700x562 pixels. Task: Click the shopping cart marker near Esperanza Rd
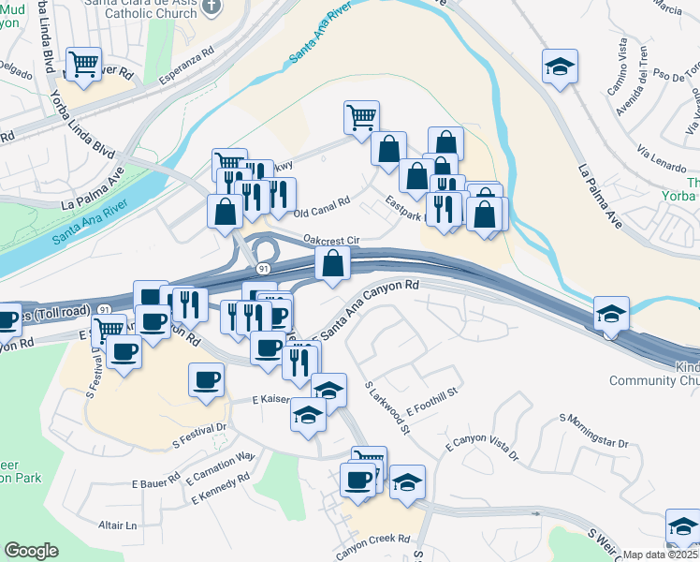click(85, 65)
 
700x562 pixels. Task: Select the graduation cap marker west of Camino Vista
click(560, 67)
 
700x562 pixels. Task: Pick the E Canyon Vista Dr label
click(482, 447)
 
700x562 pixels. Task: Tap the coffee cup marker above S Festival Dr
click(208, 381)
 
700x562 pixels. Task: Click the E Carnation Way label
click(221, 466)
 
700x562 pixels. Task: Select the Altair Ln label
click(118, 525)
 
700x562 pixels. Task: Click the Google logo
click(32, 551)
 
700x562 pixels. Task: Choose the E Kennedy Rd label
click(221, 487)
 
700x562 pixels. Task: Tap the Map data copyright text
click(661, 555)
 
